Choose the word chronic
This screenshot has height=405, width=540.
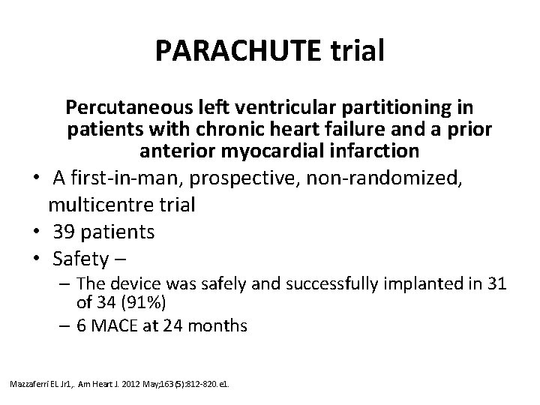[212, 129]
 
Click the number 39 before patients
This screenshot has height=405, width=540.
[63, 232]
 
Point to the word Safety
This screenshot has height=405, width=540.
[79, 259]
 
